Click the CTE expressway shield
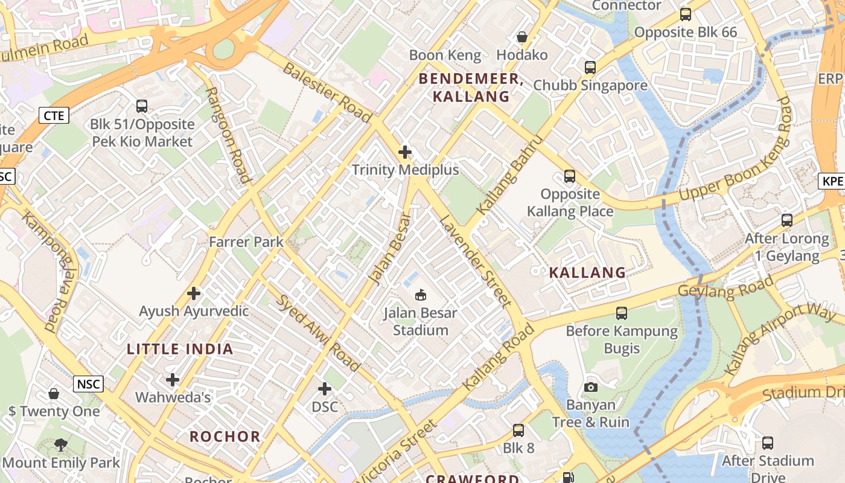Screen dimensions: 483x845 click(x=54, y=115)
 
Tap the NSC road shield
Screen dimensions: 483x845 click(x=88, y=384)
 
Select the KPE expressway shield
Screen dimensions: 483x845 click(x=832, y=181)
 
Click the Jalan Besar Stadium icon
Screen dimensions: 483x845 click(x=421, y=295)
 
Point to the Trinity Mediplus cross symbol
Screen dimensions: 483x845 click(x=405, y=152)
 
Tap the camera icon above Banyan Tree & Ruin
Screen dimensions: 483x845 click(x=591, y=387)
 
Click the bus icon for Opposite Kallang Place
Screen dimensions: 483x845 click(x=570, y=176)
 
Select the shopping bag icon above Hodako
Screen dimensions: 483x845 click(x=522, y=37)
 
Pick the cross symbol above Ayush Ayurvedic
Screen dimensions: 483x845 click(x=194, y=293)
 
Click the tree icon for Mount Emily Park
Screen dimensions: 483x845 click(x=60, y=445)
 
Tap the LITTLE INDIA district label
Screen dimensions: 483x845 click(x=180, y=349)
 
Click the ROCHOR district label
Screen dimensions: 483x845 click(x=225, y=437)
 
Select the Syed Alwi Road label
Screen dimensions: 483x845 click(x=318, y=333)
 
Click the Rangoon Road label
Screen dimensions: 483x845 click(x=228, y=135)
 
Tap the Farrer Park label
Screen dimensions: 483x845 click(x=246, y=242)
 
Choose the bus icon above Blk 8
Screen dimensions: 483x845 click(x=518, y=430)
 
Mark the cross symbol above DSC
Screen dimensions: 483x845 click(x=325, y=389)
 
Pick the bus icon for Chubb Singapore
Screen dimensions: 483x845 click(x=590, y=68)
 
